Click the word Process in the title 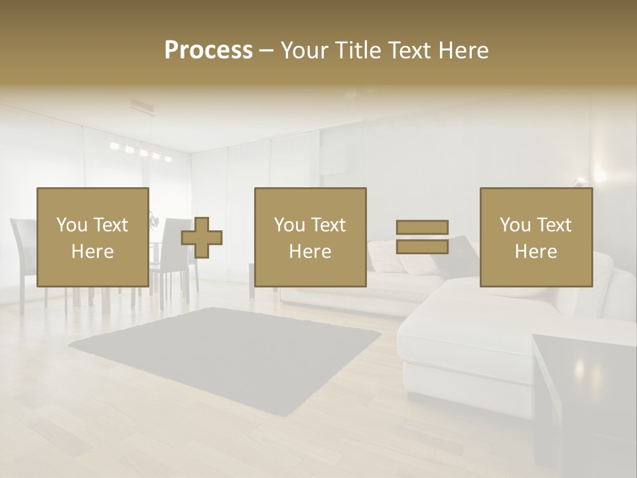[208, 50]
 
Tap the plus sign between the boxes [202, 237]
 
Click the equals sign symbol [422, 237]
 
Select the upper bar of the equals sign [422, 228]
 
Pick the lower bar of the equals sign [422, 246]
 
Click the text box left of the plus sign [92, 237]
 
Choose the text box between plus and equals [310, 237]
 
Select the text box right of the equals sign [535, 237]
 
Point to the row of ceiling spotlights [141, 152]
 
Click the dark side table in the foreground [584, 398]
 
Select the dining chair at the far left [23, 259]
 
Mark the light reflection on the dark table [579, 366]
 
